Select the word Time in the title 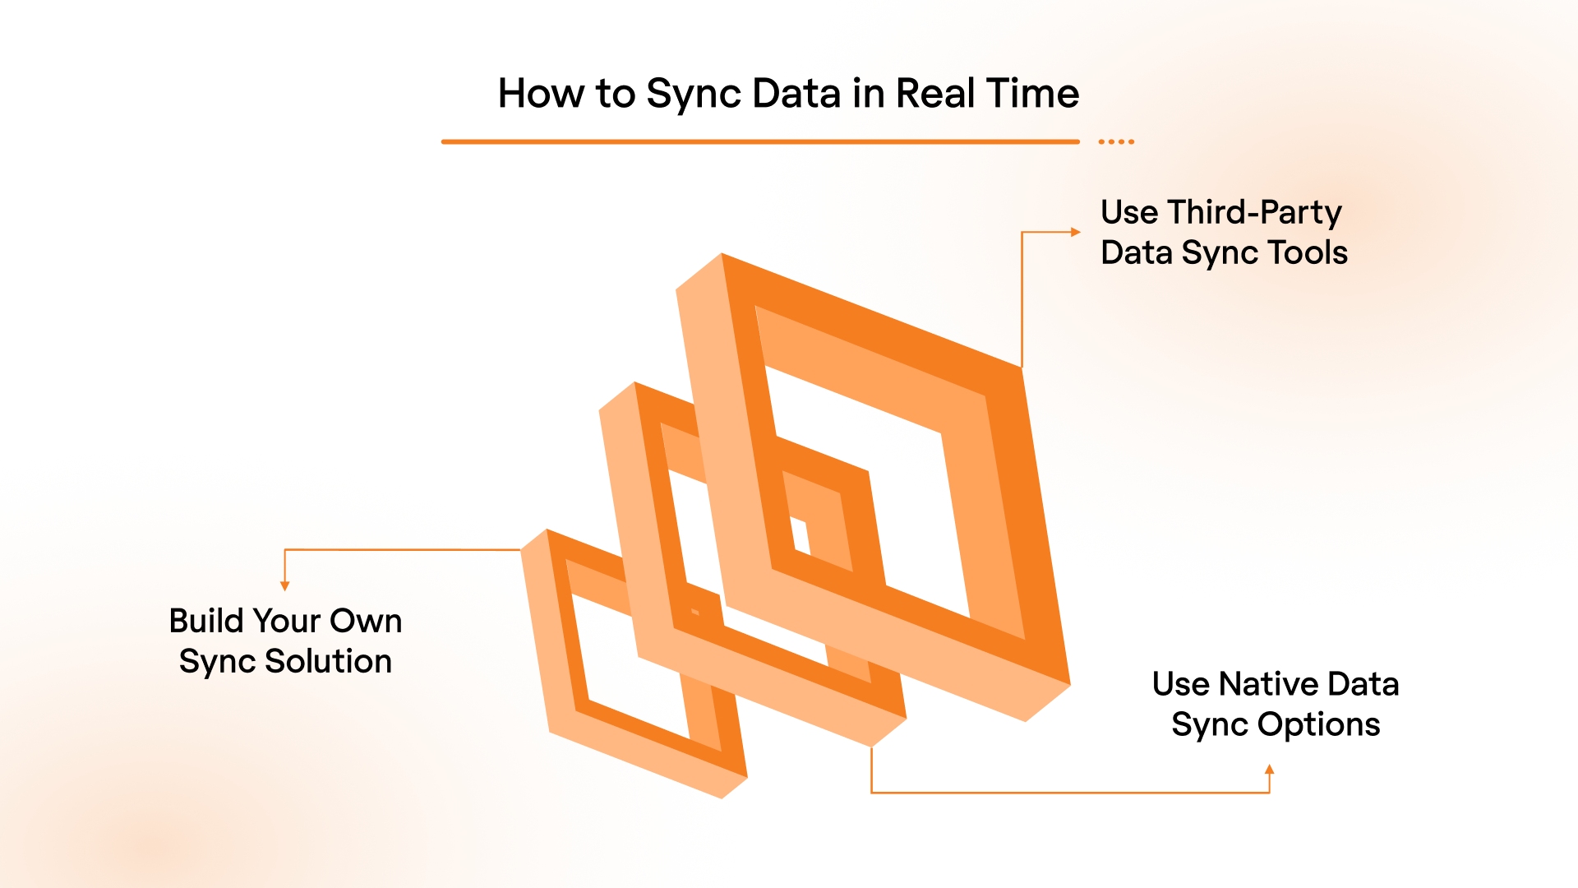tap(1032, 93)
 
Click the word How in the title tap(542, 93)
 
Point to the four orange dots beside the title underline tap(1116, 142)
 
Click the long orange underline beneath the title tap(760, 142)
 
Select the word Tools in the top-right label tap(1308, 252)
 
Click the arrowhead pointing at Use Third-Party tap(1076, 232)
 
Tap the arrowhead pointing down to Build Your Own tap(285, 586)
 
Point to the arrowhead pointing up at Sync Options tap(1270, 770)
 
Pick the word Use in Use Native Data tap(1180, 684)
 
